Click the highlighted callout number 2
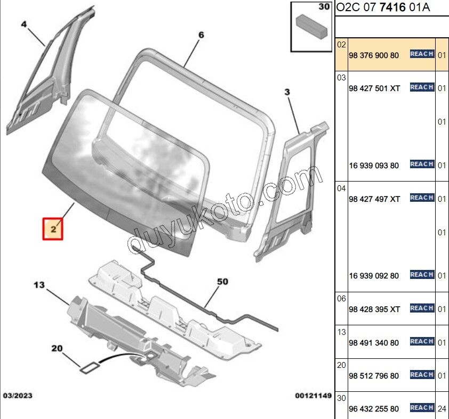tap(53, 229)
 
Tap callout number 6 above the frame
tap(202, 35)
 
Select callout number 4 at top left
tap(24, 24)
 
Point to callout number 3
tap(287, 92)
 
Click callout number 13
tap(39, 285)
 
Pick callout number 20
tap(57, 348)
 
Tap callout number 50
tap(222, 282)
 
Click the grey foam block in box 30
tap(311, 27)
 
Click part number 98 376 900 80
tap(374, 55)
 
